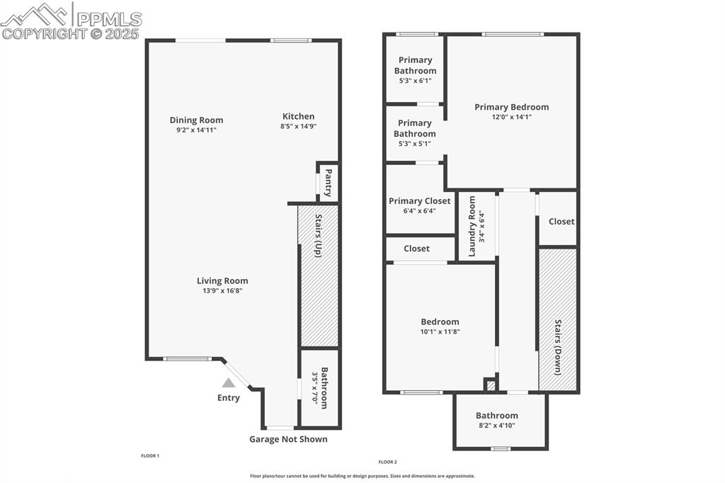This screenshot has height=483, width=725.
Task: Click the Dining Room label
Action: point(196,120)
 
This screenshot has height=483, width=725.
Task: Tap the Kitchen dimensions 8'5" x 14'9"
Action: point(298,127)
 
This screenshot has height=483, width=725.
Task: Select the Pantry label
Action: point(328,182)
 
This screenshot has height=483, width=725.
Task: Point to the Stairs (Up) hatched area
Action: point(319,297)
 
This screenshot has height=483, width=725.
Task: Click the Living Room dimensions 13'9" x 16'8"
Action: point(222,290)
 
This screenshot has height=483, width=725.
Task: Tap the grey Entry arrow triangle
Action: point(228,382)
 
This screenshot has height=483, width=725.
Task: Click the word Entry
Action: point(228,397)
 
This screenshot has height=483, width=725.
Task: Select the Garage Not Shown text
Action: point(288,439)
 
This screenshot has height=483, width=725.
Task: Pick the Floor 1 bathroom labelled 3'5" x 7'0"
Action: point(320,387)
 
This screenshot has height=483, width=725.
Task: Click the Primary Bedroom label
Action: point(511,107)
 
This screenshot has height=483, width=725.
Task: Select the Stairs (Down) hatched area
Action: point(558,319)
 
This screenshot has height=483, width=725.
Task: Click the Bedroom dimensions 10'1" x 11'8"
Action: point(440,331)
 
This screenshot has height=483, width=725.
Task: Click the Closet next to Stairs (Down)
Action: point(561,221)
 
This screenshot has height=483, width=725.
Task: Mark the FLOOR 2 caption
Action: point(387,462)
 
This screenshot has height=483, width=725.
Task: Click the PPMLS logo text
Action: point(109,18)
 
